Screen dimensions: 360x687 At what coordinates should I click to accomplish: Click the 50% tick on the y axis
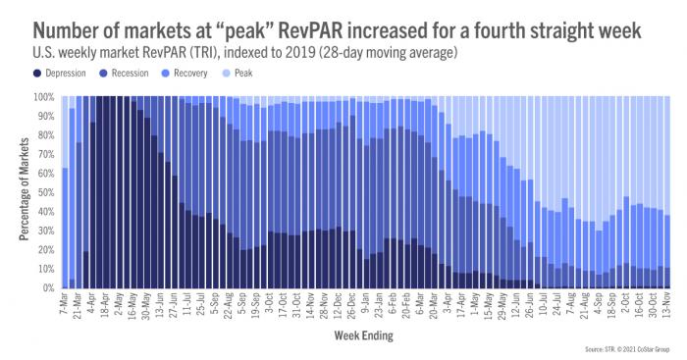(47, 193)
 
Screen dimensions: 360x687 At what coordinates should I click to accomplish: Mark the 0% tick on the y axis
(50, 288)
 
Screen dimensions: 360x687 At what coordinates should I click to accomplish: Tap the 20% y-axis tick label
(47, 250)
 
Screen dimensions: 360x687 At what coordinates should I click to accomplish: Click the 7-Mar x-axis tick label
(65, 305)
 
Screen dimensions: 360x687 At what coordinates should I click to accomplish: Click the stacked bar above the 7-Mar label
(65, 226)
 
